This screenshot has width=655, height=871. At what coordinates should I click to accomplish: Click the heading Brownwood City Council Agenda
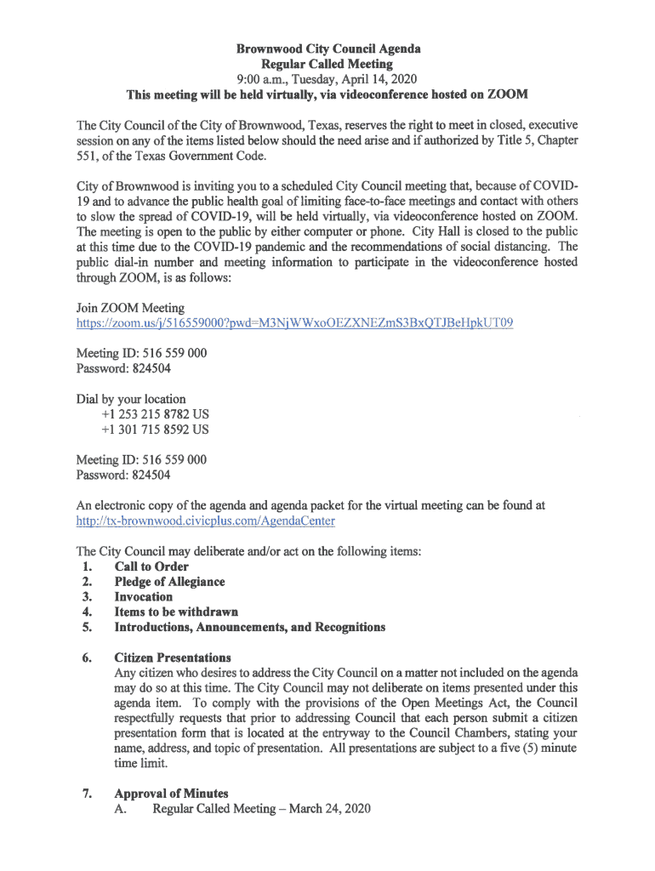(x=328, y=49)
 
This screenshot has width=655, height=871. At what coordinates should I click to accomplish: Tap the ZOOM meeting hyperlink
(x=294, y=323)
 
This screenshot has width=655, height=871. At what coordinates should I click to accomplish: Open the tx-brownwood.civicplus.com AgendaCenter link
(x=205, y=521)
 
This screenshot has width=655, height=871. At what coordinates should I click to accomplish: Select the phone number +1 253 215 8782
(x=147, y=414)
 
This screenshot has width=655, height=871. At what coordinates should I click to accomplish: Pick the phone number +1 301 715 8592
(x=147, y=430)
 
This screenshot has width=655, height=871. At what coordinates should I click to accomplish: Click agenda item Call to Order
(x=151, y=566)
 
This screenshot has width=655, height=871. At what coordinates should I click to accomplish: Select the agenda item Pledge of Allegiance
(x=169, y=582)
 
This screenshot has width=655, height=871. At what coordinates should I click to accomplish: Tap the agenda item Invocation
(x=143, y=597)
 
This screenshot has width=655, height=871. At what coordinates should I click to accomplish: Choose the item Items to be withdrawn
(x=176, y=612)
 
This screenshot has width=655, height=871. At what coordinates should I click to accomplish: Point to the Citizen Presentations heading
(x=173, y=658)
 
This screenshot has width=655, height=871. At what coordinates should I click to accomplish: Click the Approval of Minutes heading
(x=171, y=794)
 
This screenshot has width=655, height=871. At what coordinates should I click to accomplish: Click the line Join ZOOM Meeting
(x=130, y=308)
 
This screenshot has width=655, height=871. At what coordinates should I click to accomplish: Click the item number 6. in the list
(x=87, y=658)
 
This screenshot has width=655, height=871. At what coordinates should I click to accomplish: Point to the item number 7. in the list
(x=87, y=794)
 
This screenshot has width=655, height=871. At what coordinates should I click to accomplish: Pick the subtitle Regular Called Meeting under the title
(x=327, y=64)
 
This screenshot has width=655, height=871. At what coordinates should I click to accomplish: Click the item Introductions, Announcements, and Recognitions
(x=250, y=628)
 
